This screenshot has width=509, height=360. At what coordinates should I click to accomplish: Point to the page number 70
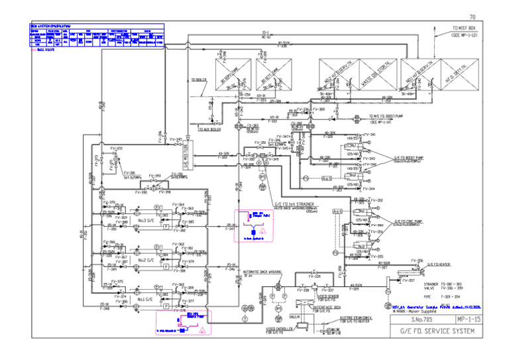[x=472, y=17]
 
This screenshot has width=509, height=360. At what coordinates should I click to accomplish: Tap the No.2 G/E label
[x=146, y=261]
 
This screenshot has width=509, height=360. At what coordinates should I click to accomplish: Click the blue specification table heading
[x=54, y=27]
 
